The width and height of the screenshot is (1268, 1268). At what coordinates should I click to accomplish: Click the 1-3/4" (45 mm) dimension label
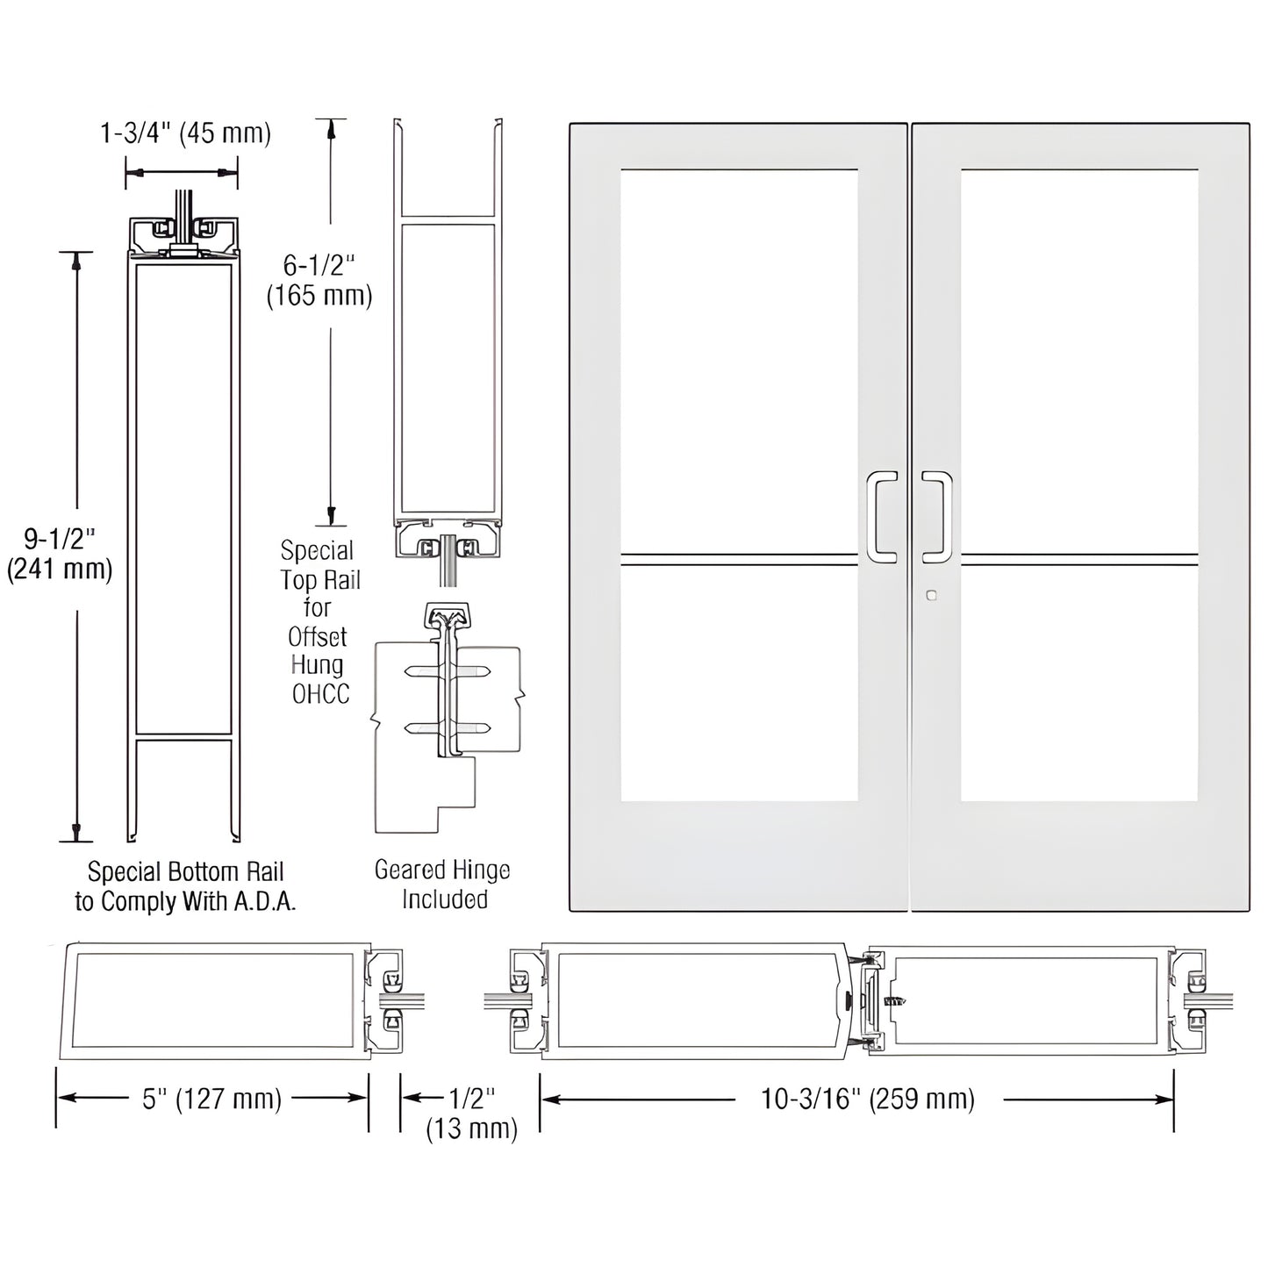coord(185,133)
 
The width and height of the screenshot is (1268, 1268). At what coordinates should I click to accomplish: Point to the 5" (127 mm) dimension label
coord(212,1099)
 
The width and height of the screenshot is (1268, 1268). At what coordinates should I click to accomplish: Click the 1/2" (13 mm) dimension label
coord(471,1113)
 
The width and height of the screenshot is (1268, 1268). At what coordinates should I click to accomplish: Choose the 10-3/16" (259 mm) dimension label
coord(867,1099)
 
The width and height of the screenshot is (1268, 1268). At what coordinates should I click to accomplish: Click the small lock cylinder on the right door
coord(931,596)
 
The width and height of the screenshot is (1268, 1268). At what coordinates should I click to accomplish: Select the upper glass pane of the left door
coord(739,360)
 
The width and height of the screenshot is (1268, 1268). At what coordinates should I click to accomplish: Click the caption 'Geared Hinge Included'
coord(443,885)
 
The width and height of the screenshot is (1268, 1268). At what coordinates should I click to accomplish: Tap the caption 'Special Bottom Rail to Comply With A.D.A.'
coord(185,886)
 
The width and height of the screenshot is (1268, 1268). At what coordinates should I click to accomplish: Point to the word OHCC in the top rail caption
coord(320,694)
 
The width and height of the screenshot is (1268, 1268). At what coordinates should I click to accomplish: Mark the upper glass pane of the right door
coord(1079,360)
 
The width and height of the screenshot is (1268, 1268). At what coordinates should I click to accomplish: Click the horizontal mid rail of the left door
coord(739,555)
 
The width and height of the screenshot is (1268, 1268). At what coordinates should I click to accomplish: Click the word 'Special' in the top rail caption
coord(317,551)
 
